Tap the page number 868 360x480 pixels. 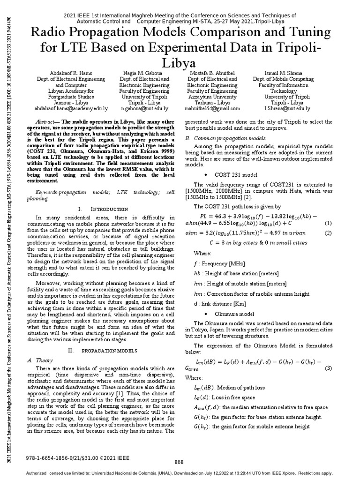point(180,462)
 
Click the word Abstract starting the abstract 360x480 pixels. point(46,121)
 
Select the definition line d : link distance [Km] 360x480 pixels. point(220,304)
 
